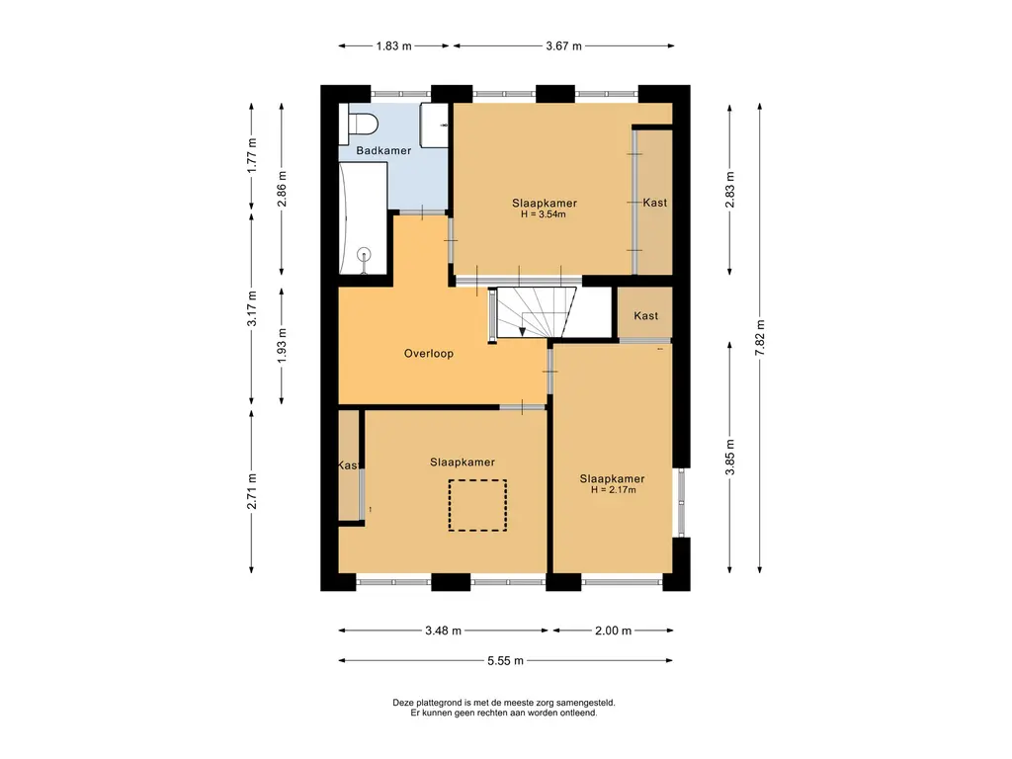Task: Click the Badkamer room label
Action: click(x=383, y=150)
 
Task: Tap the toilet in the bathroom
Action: click(x=358, y=124)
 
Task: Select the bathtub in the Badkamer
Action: click(x=363, y=217)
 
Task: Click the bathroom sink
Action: click(x=434, y=125)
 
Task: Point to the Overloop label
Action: click(x=429, y=353)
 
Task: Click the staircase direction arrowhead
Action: click(x=522, y=332)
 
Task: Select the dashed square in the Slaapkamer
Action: click(x=477, y=505)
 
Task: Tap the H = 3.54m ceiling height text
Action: click(x=544, y=214)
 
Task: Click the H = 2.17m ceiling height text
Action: click(x=613, y=490)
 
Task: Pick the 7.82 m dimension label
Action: click(x=760, y=338)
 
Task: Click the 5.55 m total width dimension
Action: click(x=505, y=660)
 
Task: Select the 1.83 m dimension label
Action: click(x=393, y=45)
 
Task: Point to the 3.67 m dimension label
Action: click(x=563, y=45)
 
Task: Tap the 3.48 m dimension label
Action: click(x=444, y=631)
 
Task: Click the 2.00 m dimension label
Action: click(x=613, y=631)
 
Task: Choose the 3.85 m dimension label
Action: click(x=730, y=457)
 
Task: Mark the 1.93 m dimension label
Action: click(x=282, y=345)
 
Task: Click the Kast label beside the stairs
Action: click(x=645, y=315)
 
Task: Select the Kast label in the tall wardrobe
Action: click(x=654, y=202)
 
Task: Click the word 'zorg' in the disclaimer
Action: click(x=541, y=703)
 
